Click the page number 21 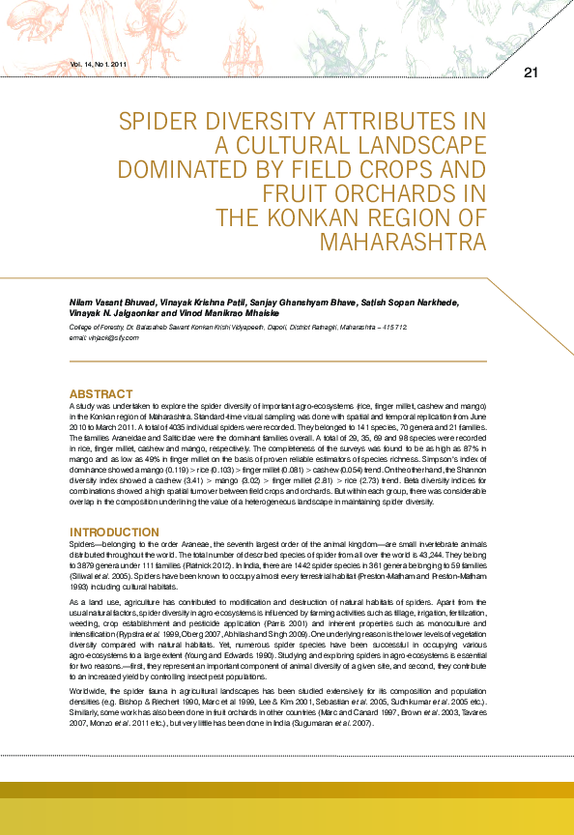[530, 73]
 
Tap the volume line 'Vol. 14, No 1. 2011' [100, 64]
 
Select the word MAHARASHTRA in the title [402, 240]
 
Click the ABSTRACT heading [100, 394]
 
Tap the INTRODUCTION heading [114, 533]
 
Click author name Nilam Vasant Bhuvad [108, 302]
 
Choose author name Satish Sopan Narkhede [416, 302]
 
